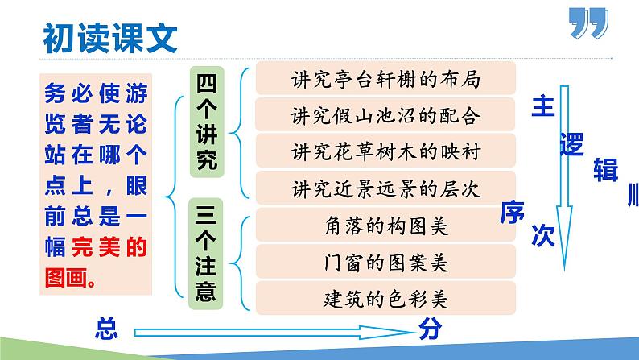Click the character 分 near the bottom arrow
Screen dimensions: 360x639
[428, 329]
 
